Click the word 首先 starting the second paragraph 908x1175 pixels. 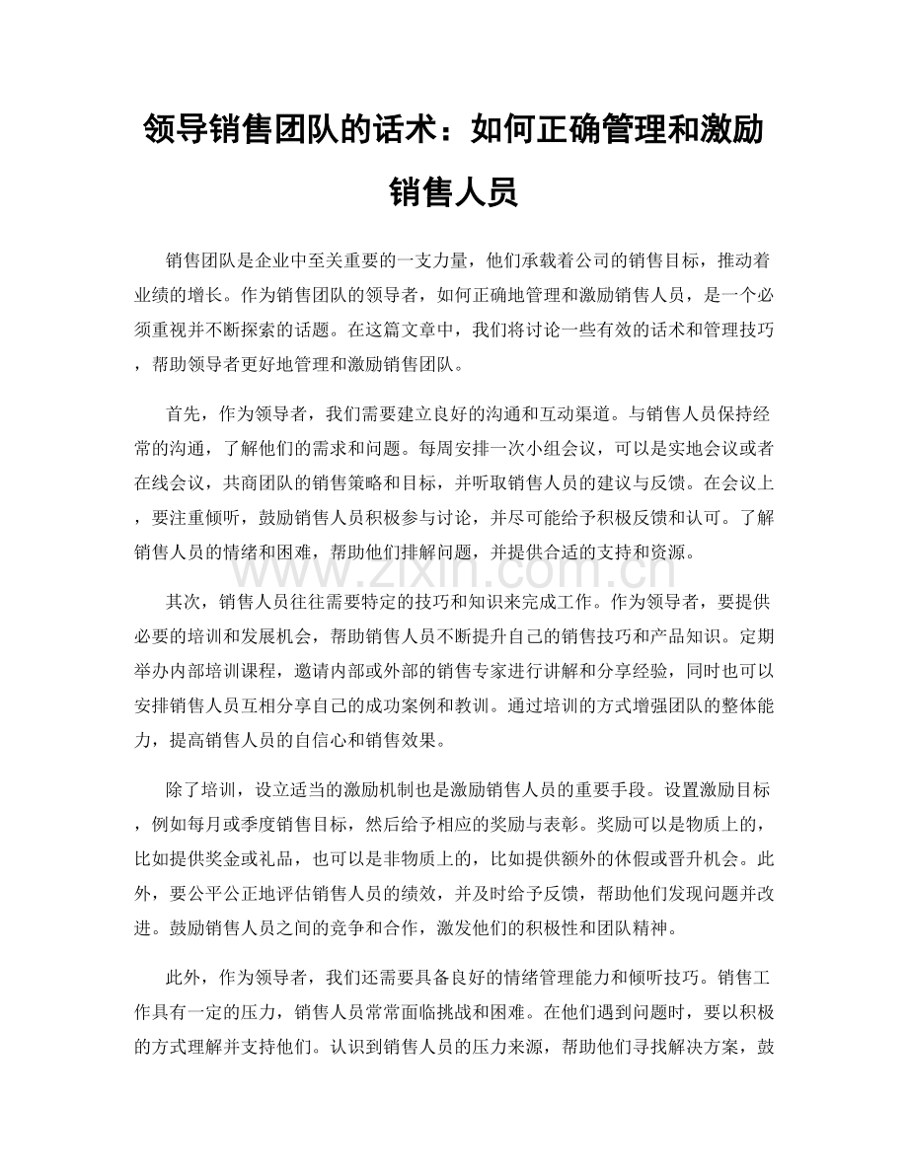click(186, 406)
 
